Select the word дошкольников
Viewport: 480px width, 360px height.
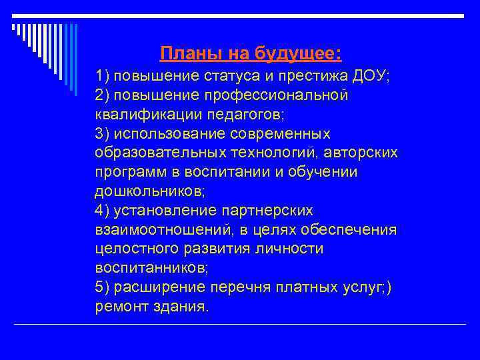tap(149, 192)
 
